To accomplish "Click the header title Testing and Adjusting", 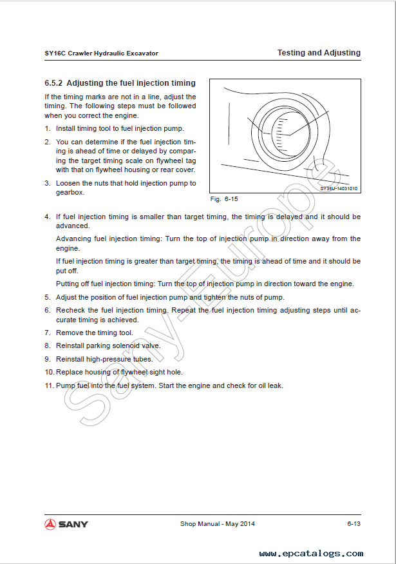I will click(x=319, y=53).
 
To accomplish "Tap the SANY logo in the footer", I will click(x=66, y=524).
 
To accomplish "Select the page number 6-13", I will click(x=353, y=524).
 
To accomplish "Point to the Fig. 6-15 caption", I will click(x=224, y=199).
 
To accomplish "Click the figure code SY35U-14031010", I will click(x=339, y=189).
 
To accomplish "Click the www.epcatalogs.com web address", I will click(x=311, y=553).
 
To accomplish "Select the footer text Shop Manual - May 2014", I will click(x=217, y=524).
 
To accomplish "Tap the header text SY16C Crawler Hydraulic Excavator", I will click(x=97, y=53).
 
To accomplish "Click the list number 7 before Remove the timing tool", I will click(x=47, y=333).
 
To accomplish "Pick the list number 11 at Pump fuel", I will click(x=49, y=385).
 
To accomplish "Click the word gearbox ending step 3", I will click(x=69, y=192).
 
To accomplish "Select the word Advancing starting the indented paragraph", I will click(x=73, y=238).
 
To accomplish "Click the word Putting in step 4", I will click(x=68, y=284).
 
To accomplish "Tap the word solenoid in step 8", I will click(x=127, y=345).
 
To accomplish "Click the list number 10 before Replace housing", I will click(x=49, y=372).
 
